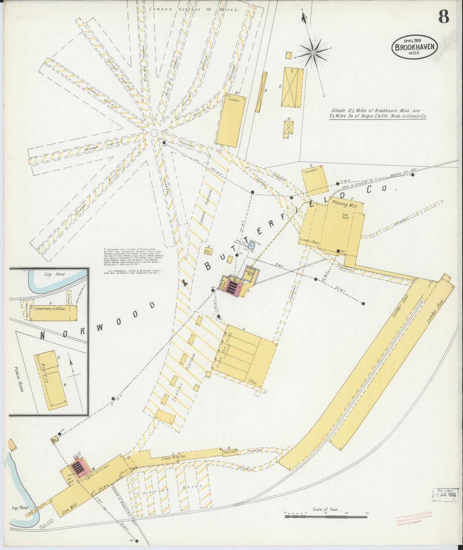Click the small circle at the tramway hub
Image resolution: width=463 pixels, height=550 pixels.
click(x=154, y=133)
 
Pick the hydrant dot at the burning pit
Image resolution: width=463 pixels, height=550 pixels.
click(x=413, y=175)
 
